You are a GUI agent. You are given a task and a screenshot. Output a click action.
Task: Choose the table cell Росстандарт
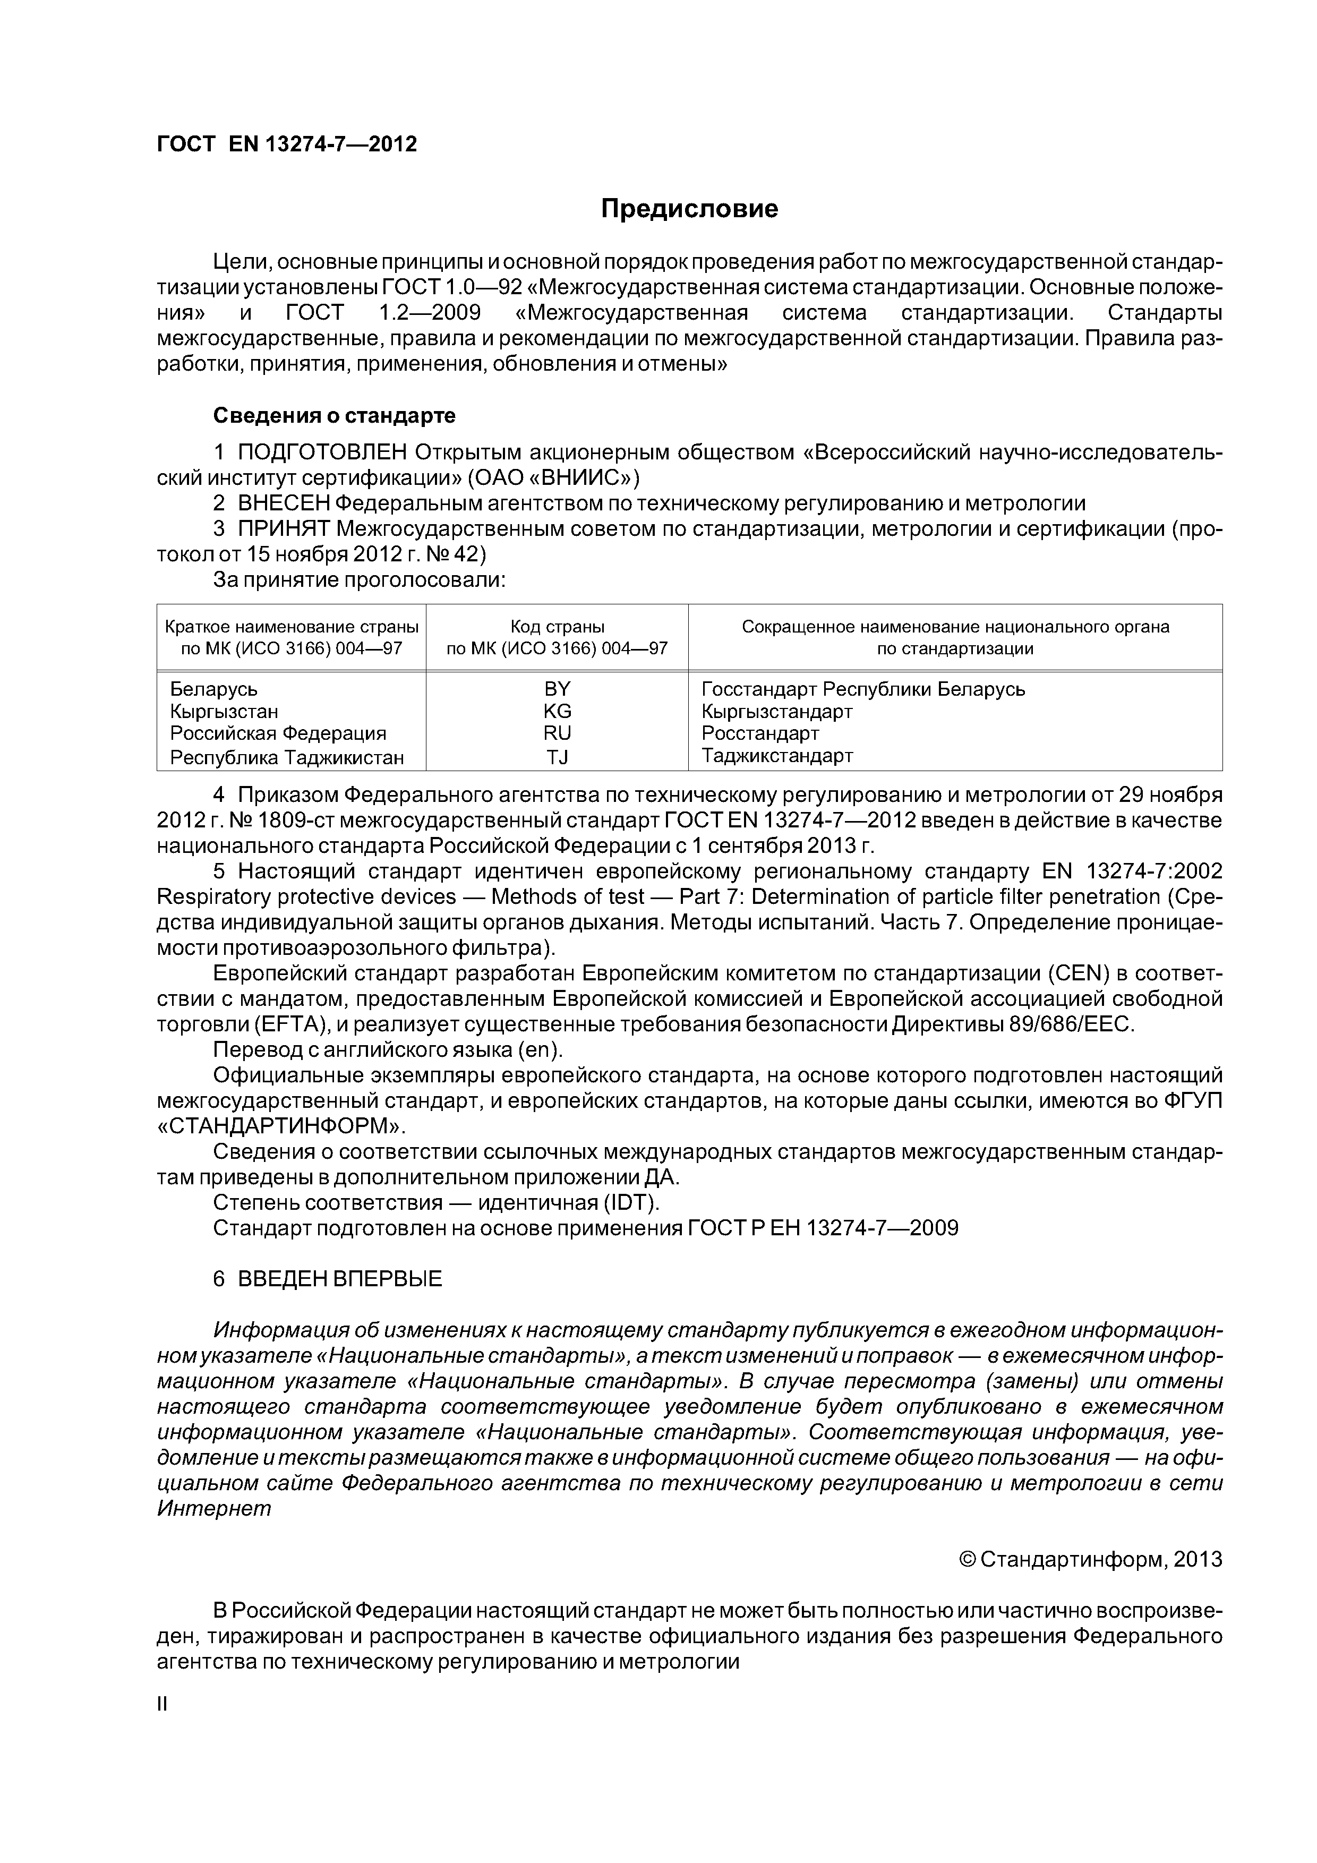coord(760,733)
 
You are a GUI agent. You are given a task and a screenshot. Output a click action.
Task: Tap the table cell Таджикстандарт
coord(776,756)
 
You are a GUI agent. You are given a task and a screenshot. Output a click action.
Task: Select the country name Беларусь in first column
coord(213,689)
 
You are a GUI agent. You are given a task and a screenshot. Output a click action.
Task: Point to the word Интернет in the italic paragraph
coord(213,1508)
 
